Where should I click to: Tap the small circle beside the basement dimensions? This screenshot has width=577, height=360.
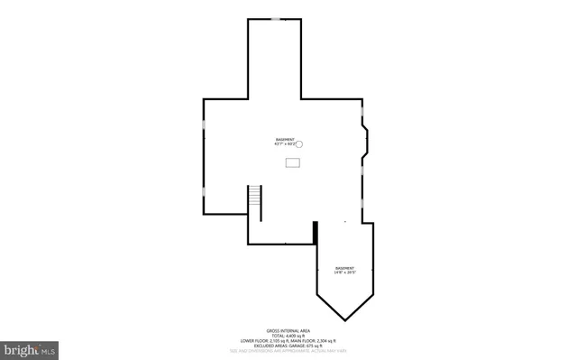301,143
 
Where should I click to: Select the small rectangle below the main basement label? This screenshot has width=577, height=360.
293,162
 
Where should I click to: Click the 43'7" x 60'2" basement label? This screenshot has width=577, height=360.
285,142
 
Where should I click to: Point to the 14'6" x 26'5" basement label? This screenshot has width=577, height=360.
344,270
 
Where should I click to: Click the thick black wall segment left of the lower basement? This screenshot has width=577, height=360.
315,232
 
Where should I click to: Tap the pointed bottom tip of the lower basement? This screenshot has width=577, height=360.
345,318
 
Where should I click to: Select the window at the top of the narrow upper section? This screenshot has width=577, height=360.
274,19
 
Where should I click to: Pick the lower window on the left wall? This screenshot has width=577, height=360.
204,191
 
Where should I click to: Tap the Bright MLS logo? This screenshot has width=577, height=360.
30,346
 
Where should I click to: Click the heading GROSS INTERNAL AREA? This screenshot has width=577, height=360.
288,331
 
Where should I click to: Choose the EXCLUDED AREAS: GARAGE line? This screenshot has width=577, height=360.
288,346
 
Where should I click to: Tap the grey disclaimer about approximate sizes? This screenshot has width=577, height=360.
288,352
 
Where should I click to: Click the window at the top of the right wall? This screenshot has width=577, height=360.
362,115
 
